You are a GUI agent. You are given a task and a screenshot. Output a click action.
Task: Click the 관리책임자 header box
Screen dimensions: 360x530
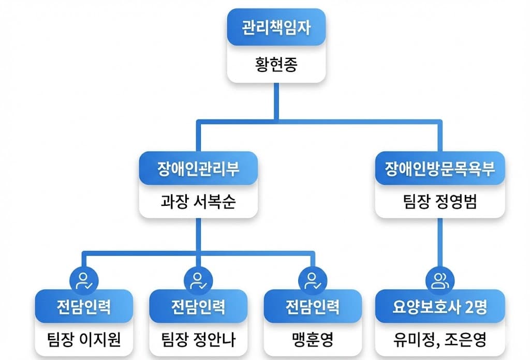pyautogui.click(x=276, y=27)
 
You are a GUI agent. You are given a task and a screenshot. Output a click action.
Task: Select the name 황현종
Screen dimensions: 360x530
pyautogui.click(x=276, y=65)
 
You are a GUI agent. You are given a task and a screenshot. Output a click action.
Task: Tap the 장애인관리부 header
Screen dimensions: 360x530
pyautogui.click(x=198, y=169)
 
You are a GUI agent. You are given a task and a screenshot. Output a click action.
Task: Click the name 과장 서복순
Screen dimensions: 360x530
pyautogui.click(x=198, y=201)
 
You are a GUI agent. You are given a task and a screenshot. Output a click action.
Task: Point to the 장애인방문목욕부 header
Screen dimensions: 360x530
pyautogui.click(x=439, y=169)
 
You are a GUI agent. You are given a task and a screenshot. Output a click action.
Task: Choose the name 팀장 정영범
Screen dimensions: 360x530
pyautogui.click(x=439, y=201)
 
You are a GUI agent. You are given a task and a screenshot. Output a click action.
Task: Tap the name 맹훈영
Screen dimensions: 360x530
pyautogui.click(x=313, y=339)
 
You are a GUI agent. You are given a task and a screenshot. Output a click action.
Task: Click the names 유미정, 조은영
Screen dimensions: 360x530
pyautogui.click(x=439, y=339)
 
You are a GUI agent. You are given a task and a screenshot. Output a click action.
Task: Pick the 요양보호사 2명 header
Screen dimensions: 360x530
pyautogui.click(x=439, y=307)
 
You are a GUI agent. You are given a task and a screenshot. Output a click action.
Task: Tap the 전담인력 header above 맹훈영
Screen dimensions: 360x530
pyautogui.click(x=313, y=307)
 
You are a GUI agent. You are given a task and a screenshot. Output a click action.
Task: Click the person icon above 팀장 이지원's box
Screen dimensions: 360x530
pyautogui.click(x=83, y=280)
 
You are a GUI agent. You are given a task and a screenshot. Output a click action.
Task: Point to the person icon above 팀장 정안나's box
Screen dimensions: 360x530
pyautogui.click(x=198, y=280)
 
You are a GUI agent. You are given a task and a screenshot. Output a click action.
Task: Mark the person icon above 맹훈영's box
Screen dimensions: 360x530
pyautogui.click(x=313, y=280)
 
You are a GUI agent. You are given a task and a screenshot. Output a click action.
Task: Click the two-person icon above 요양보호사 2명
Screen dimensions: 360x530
pyautogui.click(x=439, y=280)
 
